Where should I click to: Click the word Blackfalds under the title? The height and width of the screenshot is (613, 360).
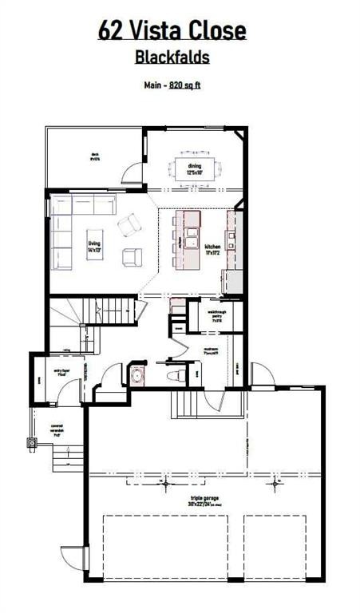(x=172, y=57)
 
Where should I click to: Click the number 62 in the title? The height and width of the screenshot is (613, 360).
(x=110, y=30)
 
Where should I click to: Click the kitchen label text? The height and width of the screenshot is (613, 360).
(x=212, y=249)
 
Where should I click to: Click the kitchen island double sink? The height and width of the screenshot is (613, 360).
(x=192, y=237)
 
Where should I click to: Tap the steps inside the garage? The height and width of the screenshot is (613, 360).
(x=186, y=405)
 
